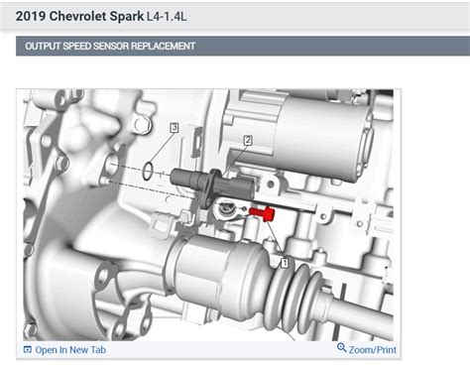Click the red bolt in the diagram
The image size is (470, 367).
coord(263,213)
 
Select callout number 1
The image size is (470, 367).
coord(285,263)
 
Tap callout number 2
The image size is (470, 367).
coord(248,140)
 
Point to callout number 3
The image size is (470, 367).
coord(175,127)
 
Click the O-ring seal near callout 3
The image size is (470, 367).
coord(148,171)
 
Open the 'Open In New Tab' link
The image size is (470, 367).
coord(70,350)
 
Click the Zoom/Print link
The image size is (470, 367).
coord(373,350)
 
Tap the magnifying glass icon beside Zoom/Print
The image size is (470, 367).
coord(342,348)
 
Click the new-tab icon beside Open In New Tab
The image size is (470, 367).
coord(28,349)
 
